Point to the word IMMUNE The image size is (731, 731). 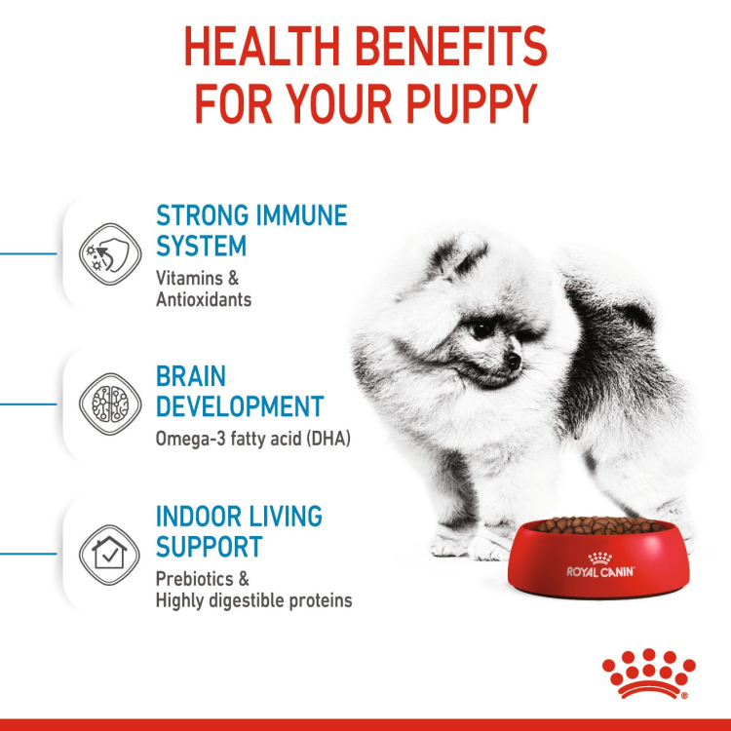pyautogui.click(x=295, y=215)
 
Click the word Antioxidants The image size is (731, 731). pyautogui.click(x=204, y=299)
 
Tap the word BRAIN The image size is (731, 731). pyautogui.click(x=191, y=376)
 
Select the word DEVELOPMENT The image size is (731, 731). pyautogui.click(x=240, y=406)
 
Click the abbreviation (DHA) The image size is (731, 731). pyautogui.click(x=324, y=439)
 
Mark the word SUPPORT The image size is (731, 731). pyautogui.click(x=210, y=546)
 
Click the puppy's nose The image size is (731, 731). pyautogui.click(x=514, y=362)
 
